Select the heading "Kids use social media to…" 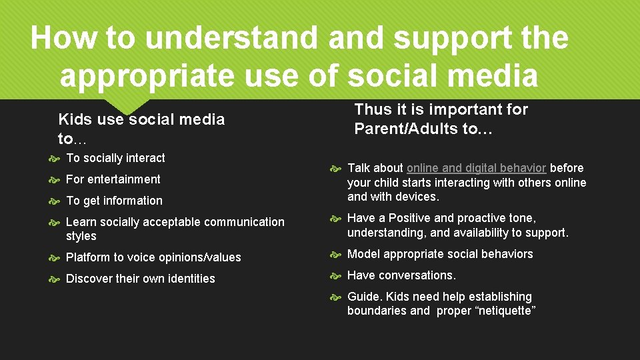[141, 129]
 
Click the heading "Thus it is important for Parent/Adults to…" [441, 119]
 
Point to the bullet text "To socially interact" [115, 158]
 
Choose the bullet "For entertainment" [113, 179]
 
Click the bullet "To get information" [114, 201]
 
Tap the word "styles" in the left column [81, 236]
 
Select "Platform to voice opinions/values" [153, 257]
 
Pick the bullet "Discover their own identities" [140, 279]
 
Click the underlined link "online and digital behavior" [476, 168]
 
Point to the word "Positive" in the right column [409, 218]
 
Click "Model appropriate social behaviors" [440, 254]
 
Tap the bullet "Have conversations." [401, 275]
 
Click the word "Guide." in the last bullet [365, 297]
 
